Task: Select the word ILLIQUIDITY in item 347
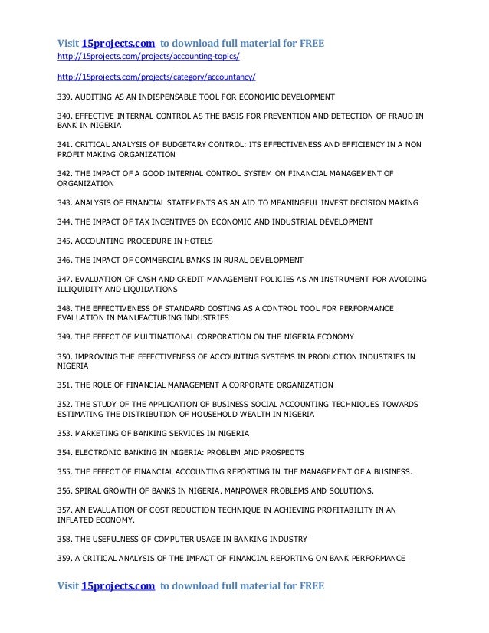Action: point(84,290)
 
